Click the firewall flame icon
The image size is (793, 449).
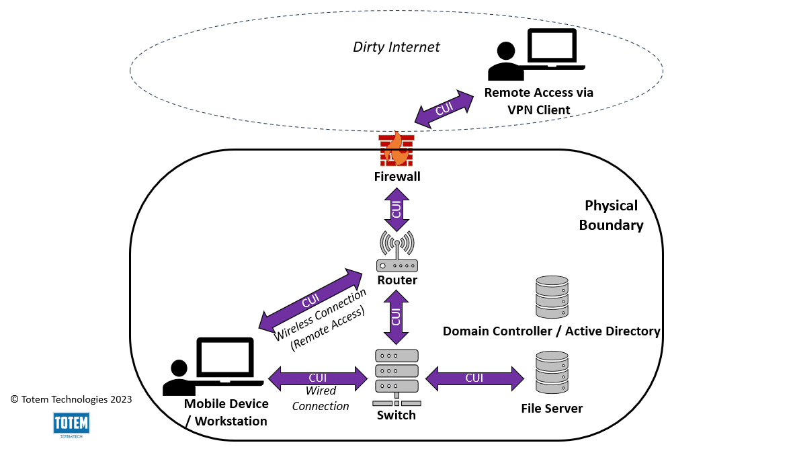tap(396, 149)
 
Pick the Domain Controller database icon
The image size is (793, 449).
tap(552, 296)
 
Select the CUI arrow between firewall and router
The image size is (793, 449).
tap(396, 209)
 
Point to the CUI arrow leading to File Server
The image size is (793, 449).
tap(474, 378)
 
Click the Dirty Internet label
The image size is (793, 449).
tap(396, 47)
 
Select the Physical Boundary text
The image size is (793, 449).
tap(611, 215)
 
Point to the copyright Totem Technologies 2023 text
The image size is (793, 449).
tap(71, 399)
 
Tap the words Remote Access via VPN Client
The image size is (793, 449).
tap(538, 101)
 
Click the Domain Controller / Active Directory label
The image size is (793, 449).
tap(551, 331)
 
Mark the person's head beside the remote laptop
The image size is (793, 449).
tap(505, 51)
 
